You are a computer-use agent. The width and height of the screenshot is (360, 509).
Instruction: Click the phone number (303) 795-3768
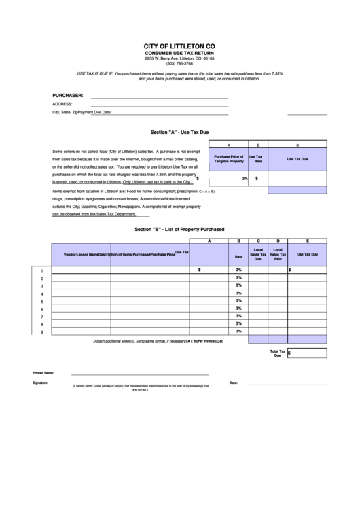click(x=179, y=63)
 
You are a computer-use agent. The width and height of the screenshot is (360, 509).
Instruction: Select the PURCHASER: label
click(x=68, y=95)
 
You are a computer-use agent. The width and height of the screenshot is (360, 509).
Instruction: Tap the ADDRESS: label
click(x=62, y=104)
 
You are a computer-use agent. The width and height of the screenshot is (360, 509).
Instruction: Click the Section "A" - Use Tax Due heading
click(x=179, y=133)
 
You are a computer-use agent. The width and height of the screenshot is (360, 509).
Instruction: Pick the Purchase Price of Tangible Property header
click(x=228, y=159)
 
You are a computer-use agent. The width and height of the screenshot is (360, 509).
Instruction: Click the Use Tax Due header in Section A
click(x=298, y=159)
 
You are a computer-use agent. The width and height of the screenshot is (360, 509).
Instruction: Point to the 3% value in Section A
click(x=244, y=178)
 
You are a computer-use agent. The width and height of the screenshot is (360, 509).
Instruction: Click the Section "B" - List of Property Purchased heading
click(x=179, y=230)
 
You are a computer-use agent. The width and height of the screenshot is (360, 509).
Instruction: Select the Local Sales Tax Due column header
click(x=258, y=255)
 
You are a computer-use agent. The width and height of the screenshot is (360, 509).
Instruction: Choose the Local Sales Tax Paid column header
click(x=277, y=255)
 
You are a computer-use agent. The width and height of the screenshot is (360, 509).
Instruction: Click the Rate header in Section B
click(x=238, y=257)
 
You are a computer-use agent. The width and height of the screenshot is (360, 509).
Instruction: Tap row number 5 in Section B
click(x=42, y=301)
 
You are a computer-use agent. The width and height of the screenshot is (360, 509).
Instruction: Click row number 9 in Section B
click(x=42, y=332)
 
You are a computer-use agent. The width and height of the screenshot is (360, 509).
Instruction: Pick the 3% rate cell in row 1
click(x=238, y=270)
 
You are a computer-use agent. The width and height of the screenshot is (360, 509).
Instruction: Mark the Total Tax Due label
click(x=277, y=353)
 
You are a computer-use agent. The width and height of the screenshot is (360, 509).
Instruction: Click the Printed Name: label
click(x=43, y=373)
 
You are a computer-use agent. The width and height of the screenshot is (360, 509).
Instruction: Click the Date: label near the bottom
click(x=234, y=383)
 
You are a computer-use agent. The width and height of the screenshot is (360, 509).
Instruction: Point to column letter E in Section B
click(x=308, y=241)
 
